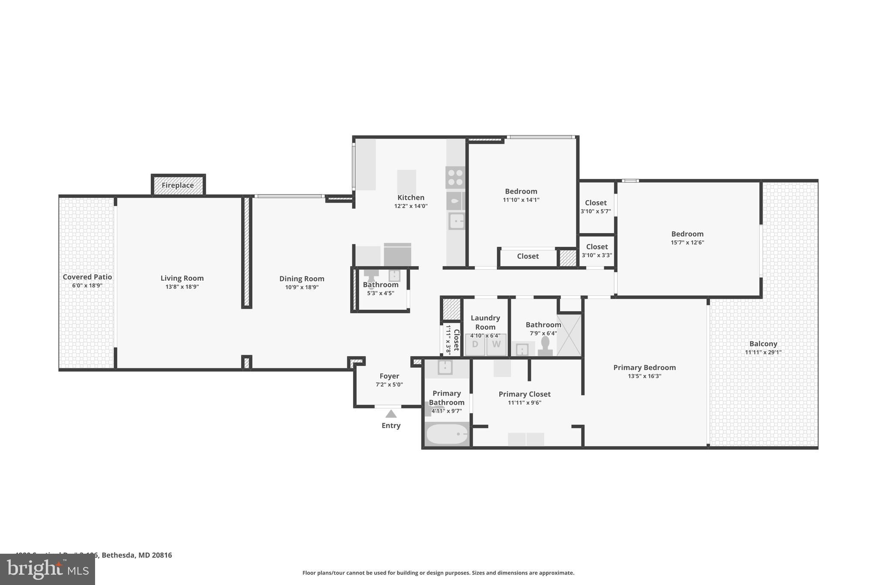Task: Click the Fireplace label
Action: tap(178, 185)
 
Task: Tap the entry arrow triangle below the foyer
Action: tap(391, 414)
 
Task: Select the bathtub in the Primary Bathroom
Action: tap(447, 434)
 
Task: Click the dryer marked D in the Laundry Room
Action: tap(475, 344)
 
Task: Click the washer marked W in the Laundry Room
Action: tap(496, 344)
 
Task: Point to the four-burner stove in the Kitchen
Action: tap(455, 177)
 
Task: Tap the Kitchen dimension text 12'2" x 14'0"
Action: tap(411, 206)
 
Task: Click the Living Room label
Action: tap(182, 278)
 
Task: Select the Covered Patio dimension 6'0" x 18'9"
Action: tap(87, 285)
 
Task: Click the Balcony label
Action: tap(763, 344)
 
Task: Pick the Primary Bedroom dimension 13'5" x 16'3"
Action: tap(644, 376)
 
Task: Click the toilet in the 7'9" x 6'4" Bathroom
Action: tap(545, 345)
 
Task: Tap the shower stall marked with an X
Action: tap(569, 335)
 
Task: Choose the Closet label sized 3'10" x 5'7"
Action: tap(596, 203)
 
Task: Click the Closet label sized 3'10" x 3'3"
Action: tap(597, 247)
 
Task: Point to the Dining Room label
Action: tap(301, 279)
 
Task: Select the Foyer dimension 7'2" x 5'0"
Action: tap(389, 384)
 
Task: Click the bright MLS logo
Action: tap(47, 570)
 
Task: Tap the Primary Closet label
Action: tap(524, 394)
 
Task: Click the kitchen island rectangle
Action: tap(406, 182)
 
